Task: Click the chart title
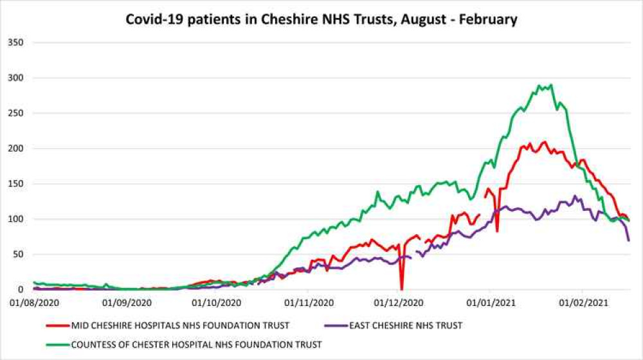(321, 19)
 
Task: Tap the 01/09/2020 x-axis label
(125, 301)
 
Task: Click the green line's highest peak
(551, 85)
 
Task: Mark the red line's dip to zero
(402, 289)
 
